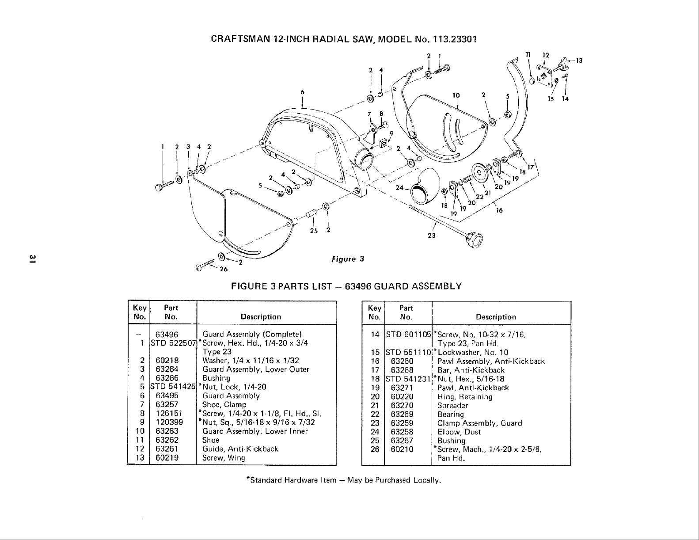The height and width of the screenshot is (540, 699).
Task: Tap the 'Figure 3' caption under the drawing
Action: click(x=347, y=259)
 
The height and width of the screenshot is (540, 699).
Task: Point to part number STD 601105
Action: click(x=409, y=335)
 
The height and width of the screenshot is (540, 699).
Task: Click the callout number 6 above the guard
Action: click(x=302, y=92)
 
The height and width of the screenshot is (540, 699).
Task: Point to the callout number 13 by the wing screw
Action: click(x=580, y=61)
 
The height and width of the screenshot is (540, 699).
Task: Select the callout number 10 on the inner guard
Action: click(x=456, y=95)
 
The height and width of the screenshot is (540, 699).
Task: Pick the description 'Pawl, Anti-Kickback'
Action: click(x=473, y=388)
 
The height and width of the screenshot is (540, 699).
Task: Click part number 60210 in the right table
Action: click(x=402, y=449)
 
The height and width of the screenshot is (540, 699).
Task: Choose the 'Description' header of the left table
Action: click(x=261, y=317)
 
